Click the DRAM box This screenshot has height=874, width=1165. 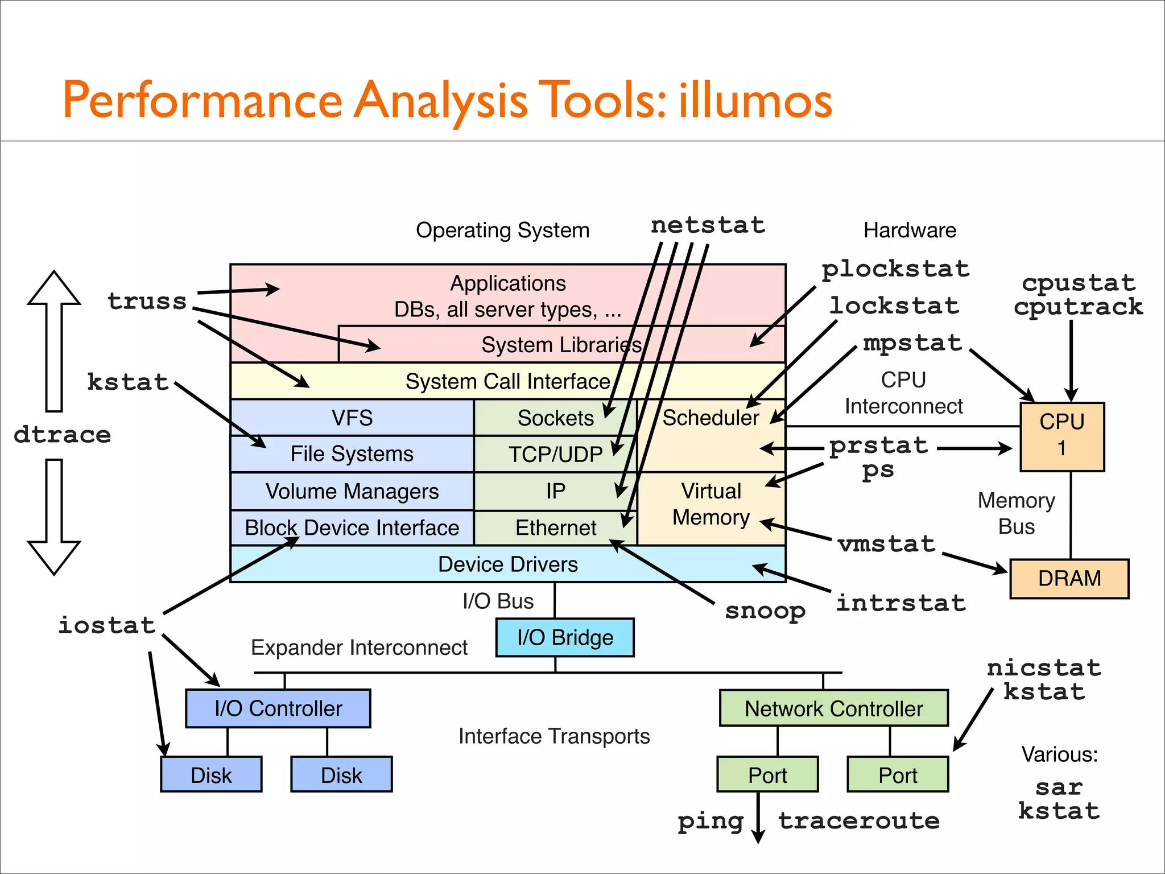tap(1069, 578)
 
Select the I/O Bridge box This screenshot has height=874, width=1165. tap(565, 637)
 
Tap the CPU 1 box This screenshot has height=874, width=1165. tap(1062, 436)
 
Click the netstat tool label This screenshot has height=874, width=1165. tap(708, 225)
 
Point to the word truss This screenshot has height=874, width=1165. tap(147, 301)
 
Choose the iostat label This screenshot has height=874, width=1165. tap(107, 625)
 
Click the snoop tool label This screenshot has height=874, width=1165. tap(765, 611)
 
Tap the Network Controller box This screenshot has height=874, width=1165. tap(833, 708)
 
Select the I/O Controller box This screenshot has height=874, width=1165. tap(278, 708)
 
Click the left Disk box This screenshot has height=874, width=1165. tap(211, 774)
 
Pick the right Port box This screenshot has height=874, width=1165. tap(898, 774)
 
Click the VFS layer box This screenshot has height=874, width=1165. tap(352, 418)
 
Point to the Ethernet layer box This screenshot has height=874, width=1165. tap(555, 527)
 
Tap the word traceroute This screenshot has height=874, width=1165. tap(859, 821)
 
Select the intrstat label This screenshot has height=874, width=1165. tap(900, 603)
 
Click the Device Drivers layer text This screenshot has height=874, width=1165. tap(507, 564)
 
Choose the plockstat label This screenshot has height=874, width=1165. tap(895, 269)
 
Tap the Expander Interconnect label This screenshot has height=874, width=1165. tap(359, 648)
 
